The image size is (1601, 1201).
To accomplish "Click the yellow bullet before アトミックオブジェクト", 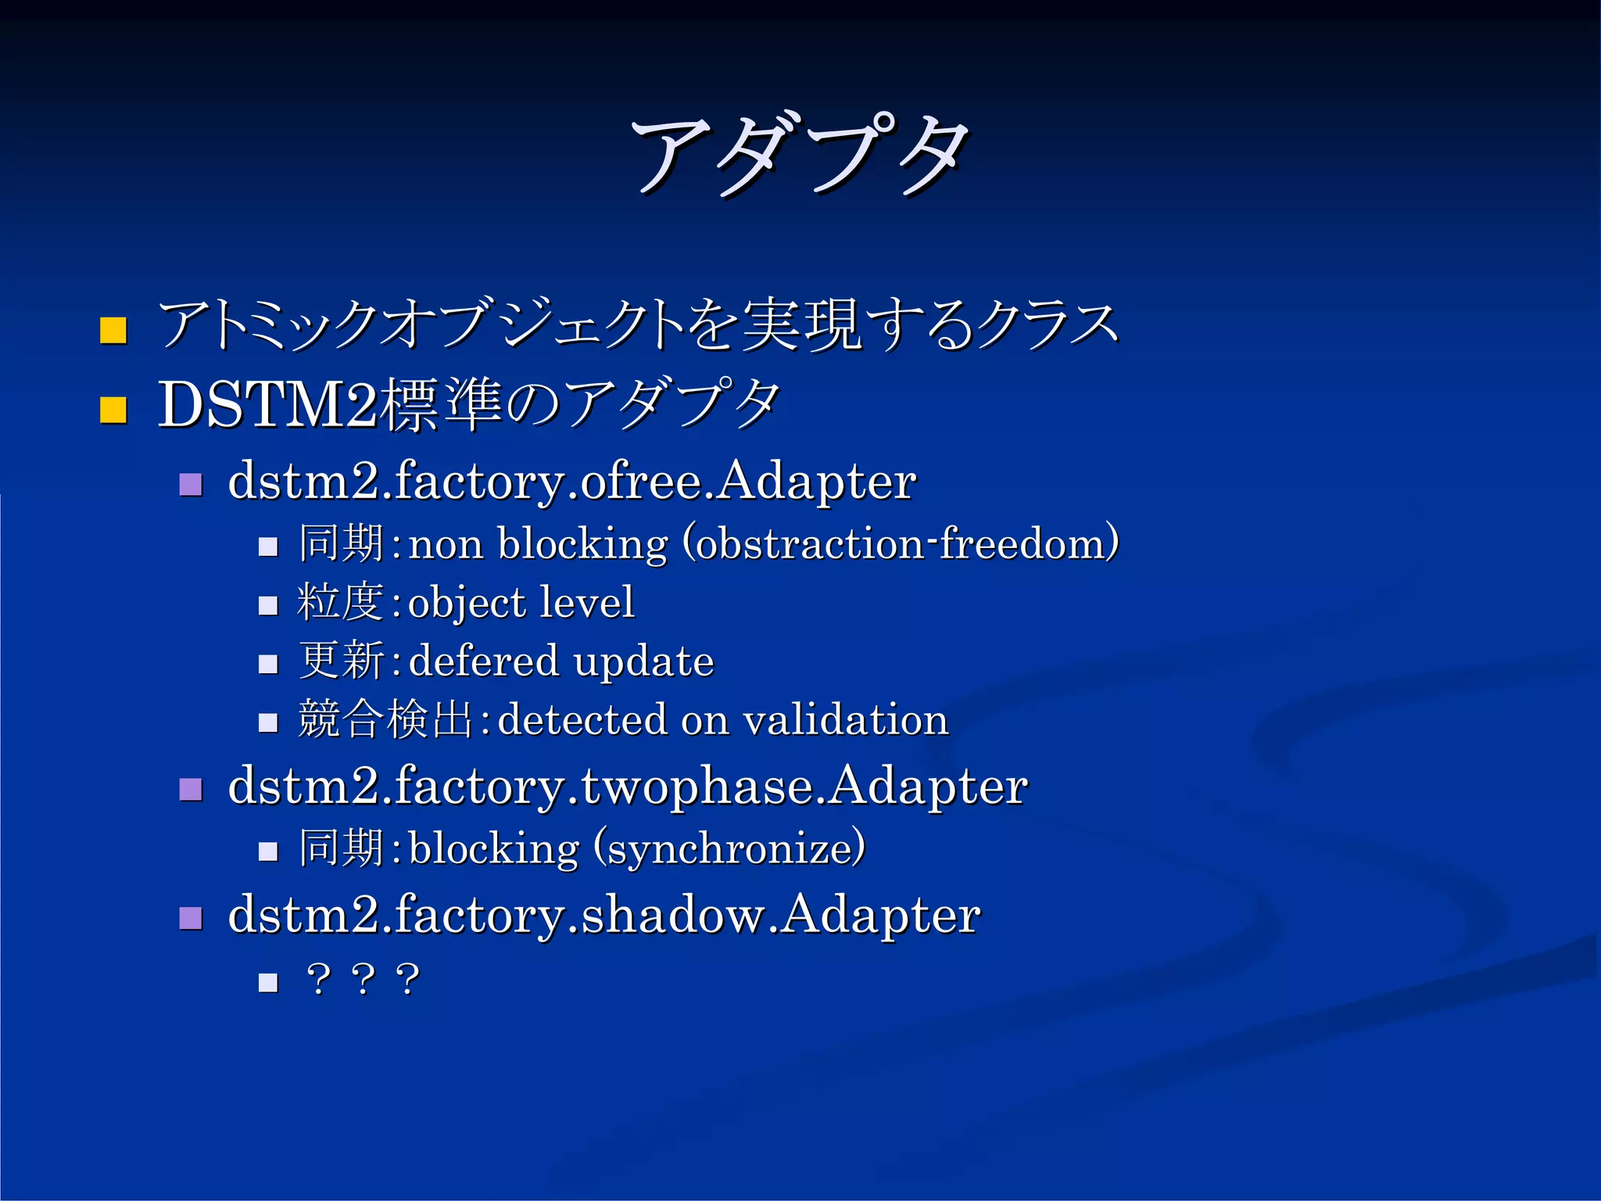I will pos(113,331).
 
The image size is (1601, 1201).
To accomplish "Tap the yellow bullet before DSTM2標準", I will pos(113,410).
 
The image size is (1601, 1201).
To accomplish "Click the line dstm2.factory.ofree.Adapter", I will pos(571,481).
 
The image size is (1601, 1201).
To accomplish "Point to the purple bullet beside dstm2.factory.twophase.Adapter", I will pos(191,789).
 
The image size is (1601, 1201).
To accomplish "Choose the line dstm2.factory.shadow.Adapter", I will pos(604,915).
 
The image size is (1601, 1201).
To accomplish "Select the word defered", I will pos(483,661).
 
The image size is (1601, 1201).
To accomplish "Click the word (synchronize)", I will pos(729,848).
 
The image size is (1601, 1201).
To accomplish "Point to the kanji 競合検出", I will pos(385,719).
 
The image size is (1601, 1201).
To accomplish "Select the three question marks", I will pos(364,979).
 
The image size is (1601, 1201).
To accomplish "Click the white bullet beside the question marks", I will pos(268,982).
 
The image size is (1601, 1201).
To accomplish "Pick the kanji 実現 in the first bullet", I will pos(801,324).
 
